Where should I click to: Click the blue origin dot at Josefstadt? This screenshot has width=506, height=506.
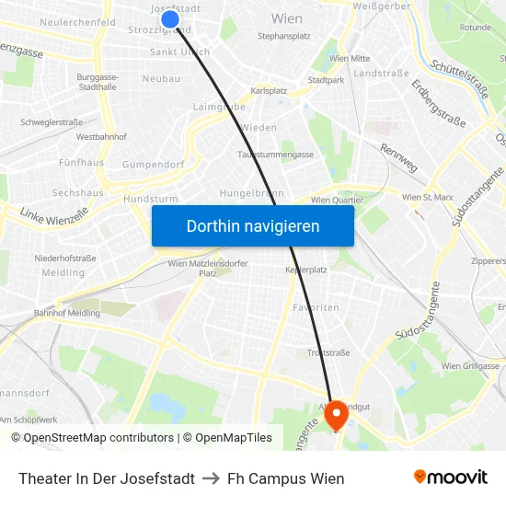(169, 19)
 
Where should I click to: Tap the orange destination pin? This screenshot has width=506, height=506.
(337, 415)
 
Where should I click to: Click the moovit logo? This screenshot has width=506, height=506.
(451, 477)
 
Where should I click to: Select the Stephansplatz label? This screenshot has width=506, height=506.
(284, 37)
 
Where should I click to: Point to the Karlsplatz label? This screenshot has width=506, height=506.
(270, 92)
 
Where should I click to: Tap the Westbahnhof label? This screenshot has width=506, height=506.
(101, 136)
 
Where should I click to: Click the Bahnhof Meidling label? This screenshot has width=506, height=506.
(65, 313)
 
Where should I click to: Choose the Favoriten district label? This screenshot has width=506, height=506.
(316, 307)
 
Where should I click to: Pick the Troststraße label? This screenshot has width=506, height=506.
(328, 352)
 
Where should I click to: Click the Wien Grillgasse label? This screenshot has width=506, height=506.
(470, 366)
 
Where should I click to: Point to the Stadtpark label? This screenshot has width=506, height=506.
(326, 80)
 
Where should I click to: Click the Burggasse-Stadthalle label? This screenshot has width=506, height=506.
(98, 83)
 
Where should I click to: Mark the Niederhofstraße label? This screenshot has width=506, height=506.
(65, 259)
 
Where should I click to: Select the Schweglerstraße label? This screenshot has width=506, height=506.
(52, 121)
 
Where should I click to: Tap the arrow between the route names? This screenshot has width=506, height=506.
(211, 478)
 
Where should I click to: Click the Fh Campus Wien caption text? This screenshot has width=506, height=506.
(285, 478)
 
